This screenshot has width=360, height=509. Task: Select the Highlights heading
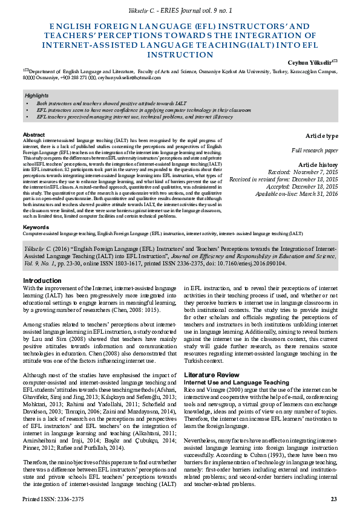click(x=36, y=96)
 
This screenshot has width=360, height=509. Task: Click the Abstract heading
click(x=33, y=134)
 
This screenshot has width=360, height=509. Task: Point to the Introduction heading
click(x=42, y=280)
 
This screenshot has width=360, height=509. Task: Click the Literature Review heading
click(x=210, y=375)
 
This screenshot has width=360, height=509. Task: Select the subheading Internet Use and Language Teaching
click(x=236, y=382)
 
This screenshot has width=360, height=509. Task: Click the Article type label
click(x=321, y=135)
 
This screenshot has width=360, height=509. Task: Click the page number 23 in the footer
click(x=333, y=499)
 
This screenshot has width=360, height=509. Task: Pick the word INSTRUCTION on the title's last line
click(x=180, y=54)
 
